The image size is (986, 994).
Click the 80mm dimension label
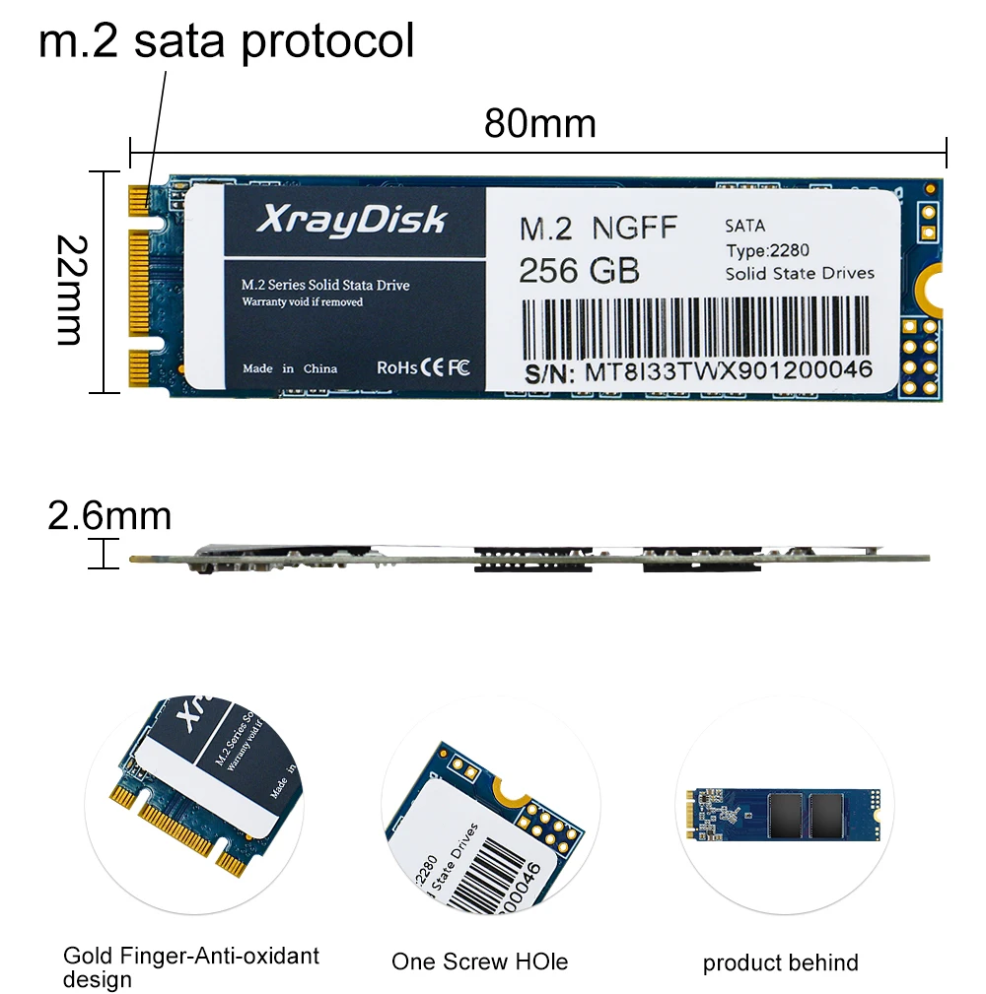(540, 124)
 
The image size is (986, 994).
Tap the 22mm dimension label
(69, 290)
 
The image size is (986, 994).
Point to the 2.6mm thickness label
(109, 515)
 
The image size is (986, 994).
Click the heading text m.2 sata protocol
(226, 41)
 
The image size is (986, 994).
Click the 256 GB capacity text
(579, 270)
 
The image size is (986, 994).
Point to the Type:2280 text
(767, 250)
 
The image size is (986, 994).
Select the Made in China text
(290, 368)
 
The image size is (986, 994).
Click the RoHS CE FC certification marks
(424, 367)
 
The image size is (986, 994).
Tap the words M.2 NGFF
(599, 229)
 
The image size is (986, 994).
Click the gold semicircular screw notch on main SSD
(930, 290)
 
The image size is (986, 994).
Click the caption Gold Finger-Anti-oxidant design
(190, 966)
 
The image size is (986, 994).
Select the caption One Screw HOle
(479, 961)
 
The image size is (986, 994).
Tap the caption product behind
(780, 962)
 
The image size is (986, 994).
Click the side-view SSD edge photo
(529, 558)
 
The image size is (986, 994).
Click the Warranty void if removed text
(303, 301)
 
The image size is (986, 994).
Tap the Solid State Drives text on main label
(799, 273)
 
